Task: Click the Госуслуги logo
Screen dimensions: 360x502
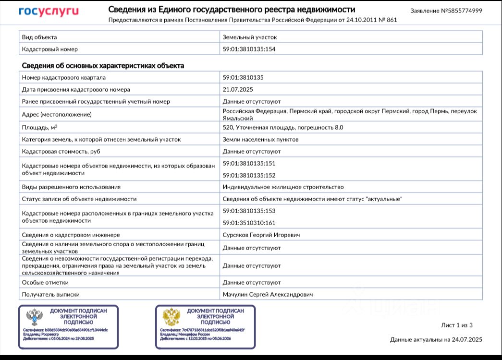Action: coord(49,12)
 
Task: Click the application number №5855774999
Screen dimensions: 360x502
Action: coord(446,11)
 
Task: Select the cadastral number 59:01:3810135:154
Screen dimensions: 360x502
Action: coord(249,49)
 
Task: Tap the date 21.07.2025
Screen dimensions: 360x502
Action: coord(237,89)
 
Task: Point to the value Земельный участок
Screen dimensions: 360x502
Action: coord(249,37)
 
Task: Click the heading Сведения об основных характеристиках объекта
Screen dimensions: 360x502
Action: coord(103,65)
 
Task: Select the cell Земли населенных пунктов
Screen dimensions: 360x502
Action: coord(260,139)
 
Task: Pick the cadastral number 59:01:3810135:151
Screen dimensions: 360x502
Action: coord(249,163)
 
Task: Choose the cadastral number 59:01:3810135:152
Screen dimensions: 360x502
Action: coord(249,175)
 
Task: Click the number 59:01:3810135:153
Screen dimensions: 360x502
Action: coord(249,211)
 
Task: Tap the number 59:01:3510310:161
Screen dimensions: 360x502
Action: coord(249,223)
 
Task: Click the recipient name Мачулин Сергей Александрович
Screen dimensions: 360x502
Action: coord(268,294)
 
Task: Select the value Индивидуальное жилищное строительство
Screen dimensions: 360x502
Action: coord(283,187)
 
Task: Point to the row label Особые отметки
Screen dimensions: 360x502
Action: coord(45,282)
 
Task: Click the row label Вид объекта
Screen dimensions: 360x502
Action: coord(40,37)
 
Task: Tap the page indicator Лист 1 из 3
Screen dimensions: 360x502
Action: coord(457,325)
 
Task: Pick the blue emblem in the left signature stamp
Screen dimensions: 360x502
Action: coord(35,317)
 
